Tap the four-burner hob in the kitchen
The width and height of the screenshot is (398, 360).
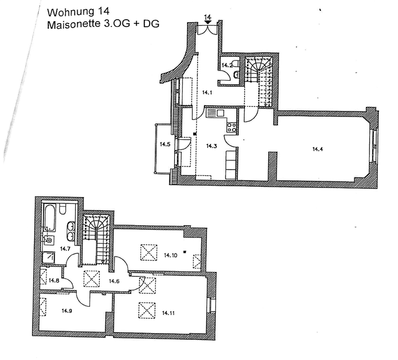pyautogui.click(x=231, y=127)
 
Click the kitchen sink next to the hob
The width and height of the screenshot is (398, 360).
pyautogui.click(x=216, y=113)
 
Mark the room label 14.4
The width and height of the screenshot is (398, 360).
pyautogui.click(x=317, y=149)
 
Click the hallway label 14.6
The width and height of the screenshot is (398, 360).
pyautogui.click(x=114, y=281)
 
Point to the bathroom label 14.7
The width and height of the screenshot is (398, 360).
pyautogui.click(x=66, y=249)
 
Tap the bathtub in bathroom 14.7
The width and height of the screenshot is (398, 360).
pyautogui.click(x=50, y=217)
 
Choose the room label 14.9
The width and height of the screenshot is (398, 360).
pyautogui.click(x=67, y=311)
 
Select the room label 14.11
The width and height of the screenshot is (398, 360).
pyautogui.click(x=168, y=313)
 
